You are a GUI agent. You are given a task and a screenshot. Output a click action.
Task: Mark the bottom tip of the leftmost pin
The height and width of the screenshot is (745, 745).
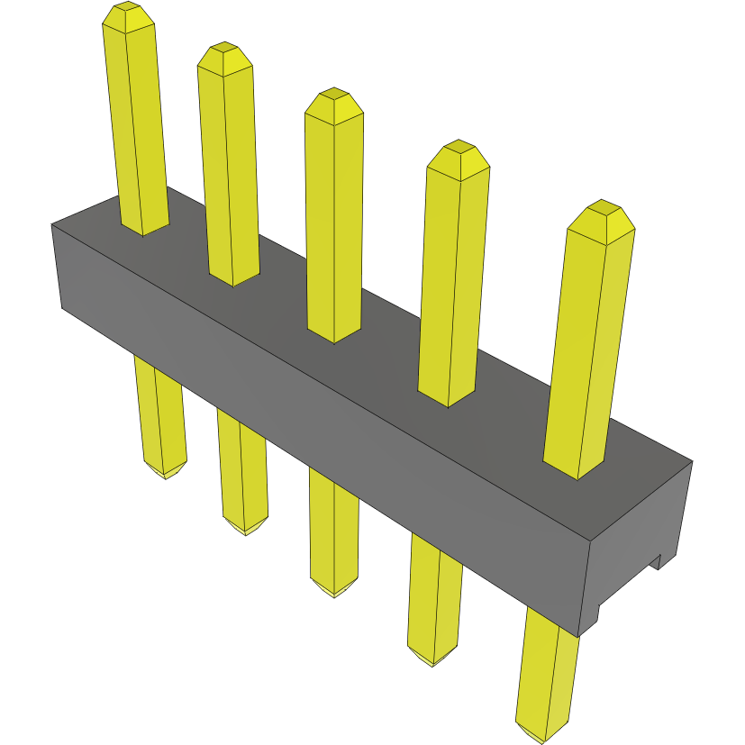tap(165, 473)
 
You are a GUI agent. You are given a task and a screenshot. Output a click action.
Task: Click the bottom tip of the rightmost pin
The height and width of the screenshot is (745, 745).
tap(544, 737)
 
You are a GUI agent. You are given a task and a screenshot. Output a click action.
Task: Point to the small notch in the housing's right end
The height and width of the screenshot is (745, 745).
tap(659, 563)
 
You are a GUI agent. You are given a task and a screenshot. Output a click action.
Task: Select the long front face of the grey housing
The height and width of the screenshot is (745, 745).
tap(315, 423)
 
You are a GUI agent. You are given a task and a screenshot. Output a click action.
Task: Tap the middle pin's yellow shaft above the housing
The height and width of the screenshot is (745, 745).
tap(334, 225)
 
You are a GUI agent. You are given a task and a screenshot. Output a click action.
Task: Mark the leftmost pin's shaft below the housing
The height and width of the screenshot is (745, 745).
tap(160, 414)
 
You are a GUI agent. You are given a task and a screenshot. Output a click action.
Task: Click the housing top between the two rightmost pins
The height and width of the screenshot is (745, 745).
tap(513, 414)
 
